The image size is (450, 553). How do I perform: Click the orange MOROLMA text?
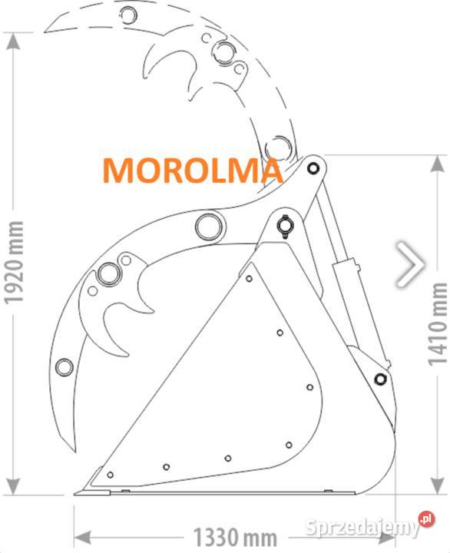tap(193, 171)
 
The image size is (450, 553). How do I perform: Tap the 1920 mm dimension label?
tap(14, 263)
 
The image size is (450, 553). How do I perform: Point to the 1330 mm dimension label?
tap(235, 537)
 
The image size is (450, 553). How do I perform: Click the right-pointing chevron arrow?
tap(411, 264)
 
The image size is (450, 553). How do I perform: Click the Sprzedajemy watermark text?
tap(362, 528)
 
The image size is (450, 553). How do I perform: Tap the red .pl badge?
tap(427, 519)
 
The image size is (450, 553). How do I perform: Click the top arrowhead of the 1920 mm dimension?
tap(13, 41)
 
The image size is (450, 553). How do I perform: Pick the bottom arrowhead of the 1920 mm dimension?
tap(13, 486)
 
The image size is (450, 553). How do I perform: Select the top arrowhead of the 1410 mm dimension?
tap(437, 164)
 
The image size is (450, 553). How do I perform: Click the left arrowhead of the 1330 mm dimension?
tap(82, 538)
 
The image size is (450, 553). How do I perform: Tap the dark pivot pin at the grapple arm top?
tap(313, 168)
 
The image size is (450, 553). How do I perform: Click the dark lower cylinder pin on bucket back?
tap(380, 379)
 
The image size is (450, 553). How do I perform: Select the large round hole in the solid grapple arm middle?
tap(210, 227)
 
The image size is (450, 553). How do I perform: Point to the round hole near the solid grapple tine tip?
tap(65, 367)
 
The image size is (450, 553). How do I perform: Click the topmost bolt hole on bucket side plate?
tap(249, 279)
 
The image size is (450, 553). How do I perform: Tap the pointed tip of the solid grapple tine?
tap(74, 451)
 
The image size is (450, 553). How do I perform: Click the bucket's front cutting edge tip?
tap(75, 494)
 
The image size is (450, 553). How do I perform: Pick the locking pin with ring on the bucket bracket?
tap(284, 226)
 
